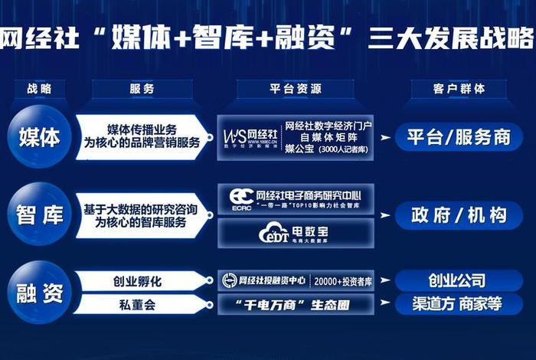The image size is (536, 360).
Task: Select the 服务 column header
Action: [142, 89]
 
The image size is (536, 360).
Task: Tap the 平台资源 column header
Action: [295, 89]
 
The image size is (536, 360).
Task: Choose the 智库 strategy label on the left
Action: [38, 215]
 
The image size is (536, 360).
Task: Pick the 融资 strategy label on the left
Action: [38, 292]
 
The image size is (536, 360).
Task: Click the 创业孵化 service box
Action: [142, 280]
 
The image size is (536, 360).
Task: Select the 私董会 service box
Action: [142, 305]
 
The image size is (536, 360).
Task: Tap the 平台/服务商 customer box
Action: [458, 137]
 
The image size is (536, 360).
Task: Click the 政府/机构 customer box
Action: [458, 215]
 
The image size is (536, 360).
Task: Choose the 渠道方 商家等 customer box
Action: [458, 304]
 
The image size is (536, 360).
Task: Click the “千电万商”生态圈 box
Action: [295, 305]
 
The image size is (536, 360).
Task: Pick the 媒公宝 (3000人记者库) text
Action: [327, 149]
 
